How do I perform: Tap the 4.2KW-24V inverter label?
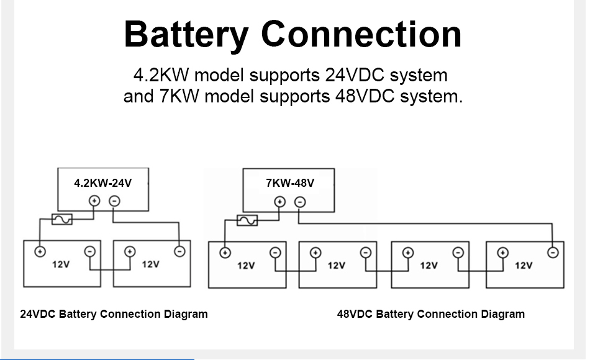102,183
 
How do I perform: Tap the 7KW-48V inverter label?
290,183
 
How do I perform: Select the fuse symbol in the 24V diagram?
62,219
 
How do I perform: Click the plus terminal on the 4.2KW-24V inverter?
94,200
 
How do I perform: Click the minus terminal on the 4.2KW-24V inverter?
114,200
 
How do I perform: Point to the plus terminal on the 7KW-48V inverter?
280,201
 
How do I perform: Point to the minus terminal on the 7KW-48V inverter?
300,201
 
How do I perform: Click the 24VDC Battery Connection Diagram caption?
114,314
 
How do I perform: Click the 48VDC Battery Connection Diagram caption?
430,314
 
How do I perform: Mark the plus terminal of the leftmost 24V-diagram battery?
40,251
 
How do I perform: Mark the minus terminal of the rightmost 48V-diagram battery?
553,252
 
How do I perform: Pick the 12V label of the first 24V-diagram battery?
61,264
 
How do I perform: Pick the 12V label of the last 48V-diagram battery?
524,266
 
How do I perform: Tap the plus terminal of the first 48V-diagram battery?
225,253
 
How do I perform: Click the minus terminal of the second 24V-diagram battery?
179,251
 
